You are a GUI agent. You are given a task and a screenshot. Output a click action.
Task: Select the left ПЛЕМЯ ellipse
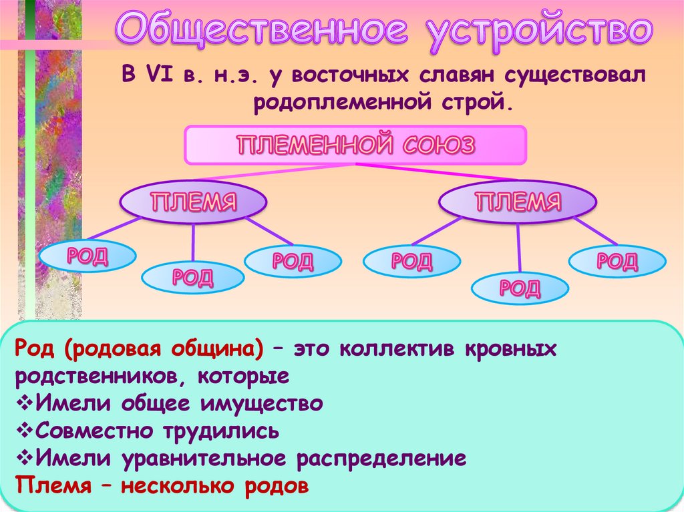coord(193,201)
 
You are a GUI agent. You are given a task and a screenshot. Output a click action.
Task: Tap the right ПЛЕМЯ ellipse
coord(518,201)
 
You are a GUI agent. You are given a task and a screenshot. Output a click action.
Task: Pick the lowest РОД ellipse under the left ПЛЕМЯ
coord(193,276)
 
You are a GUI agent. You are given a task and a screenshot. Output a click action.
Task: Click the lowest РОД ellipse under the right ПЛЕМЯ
coord(520,288)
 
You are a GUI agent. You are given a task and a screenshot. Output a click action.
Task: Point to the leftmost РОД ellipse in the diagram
coord(88,256)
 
